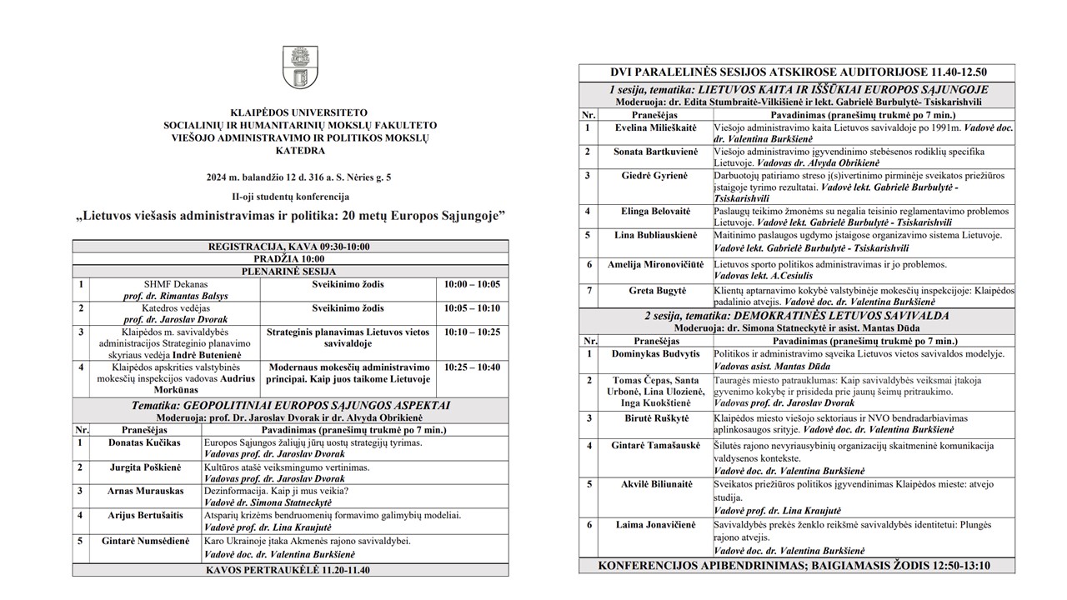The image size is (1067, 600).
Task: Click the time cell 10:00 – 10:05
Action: click(473, 285)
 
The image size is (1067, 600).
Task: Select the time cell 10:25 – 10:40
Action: click(473, 367)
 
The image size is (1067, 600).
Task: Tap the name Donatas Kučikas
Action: click(143, 442)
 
